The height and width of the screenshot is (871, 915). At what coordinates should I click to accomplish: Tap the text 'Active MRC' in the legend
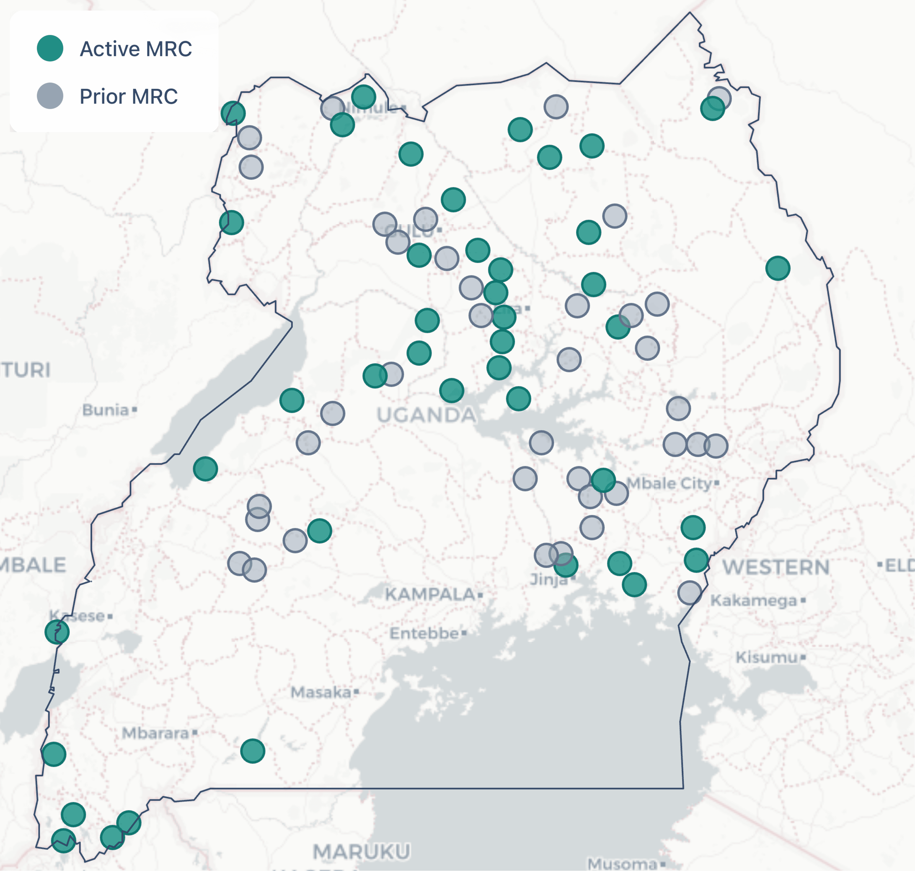(136, 49)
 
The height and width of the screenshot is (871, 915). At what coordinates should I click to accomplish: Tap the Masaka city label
(321, 692)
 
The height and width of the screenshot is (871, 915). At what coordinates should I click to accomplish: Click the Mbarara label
(156, 733)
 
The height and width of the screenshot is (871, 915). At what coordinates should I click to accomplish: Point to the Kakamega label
(754, 600)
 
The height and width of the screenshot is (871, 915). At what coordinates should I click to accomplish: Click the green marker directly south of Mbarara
(253, 751)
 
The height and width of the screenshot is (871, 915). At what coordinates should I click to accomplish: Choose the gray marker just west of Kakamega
(689, 592)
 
